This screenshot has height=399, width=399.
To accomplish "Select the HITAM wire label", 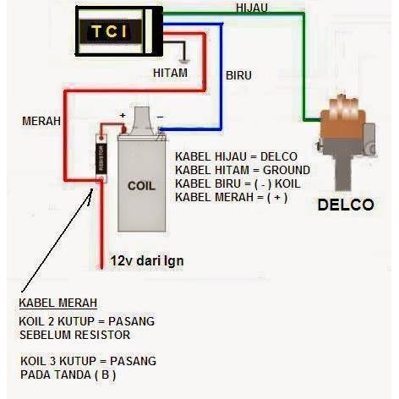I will click(169, 74).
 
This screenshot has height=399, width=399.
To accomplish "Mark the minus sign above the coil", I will click(159, 116).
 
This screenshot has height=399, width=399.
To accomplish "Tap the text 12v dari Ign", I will click(147, 261).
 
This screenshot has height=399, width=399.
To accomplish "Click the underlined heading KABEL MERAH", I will click(57, 303).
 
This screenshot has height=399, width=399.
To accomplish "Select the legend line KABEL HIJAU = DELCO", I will click(231, 156).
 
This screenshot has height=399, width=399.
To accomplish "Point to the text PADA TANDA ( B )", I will click(68, 374).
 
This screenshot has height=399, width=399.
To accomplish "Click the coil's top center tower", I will click(141, 117).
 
